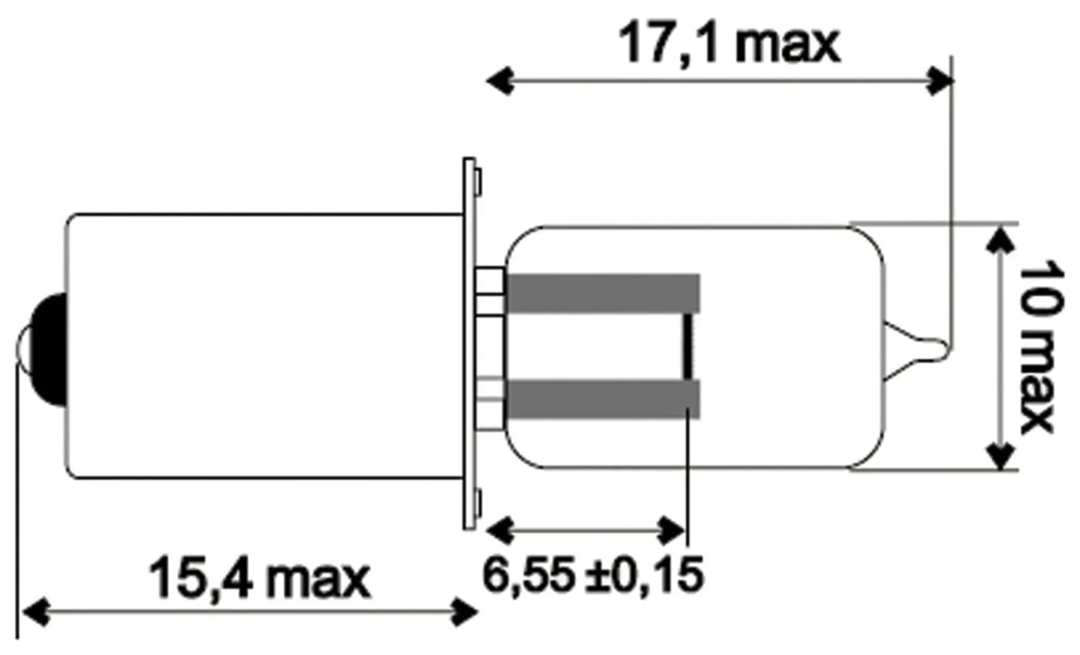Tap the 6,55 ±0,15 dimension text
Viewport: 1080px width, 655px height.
[593, 575]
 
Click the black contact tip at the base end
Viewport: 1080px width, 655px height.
[49, 349]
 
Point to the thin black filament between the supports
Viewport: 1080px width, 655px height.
[687, 346]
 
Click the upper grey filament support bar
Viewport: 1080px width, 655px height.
[603, 293]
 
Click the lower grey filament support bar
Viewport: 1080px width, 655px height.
[603, 400]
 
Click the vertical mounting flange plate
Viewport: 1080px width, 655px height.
[469, 343]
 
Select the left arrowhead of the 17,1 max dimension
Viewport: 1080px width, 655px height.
[499, 81]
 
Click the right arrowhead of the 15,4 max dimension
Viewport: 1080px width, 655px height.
[465, 612]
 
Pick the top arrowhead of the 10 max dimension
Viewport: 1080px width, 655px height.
[1001, 239]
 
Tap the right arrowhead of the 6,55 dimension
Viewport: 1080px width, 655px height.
[672, 531]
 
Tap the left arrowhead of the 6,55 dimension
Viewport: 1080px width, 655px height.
[499, 531]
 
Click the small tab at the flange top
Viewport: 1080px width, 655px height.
[478, 183]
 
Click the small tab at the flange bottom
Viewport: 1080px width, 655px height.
[478, 504]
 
